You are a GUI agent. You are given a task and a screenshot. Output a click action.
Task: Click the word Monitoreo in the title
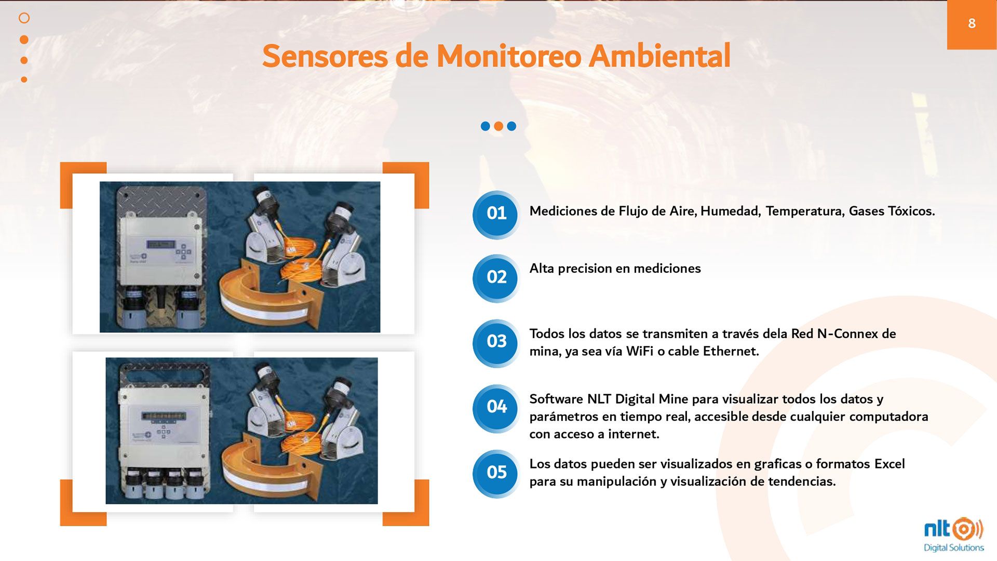[508, 56]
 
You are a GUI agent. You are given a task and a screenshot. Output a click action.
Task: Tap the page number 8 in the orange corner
[972, 23]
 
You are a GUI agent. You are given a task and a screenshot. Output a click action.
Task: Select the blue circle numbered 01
[496, 213]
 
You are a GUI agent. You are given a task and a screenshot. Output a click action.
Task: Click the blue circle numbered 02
[496, 277]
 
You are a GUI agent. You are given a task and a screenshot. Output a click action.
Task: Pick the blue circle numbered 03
[496, 342]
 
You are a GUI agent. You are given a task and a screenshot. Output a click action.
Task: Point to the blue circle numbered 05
[496, 473]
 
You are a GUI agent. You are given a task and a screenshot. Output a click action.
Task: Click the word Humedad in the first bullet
[730, 211]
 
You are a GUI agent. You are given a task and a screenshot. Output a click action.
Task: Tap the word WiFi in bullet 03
[640, 352]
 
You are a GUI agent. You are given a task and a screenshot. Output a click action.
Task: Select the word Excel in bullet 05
[890, 464]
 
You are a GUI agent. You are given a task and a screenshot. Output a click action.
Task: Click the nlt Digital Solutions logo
[954, 535]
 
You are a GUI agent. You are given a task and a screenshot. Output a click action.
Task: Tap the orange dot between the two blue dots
[498, 126]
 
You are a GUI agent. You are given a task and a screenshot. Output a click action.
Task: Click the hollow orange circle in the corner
[24, 18]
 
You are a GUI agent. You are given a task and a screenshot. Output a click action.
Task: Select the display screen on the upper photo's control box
[160, 244]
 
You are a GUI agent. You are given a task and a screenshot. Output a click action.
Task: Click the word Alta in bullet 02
[542, 269]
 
